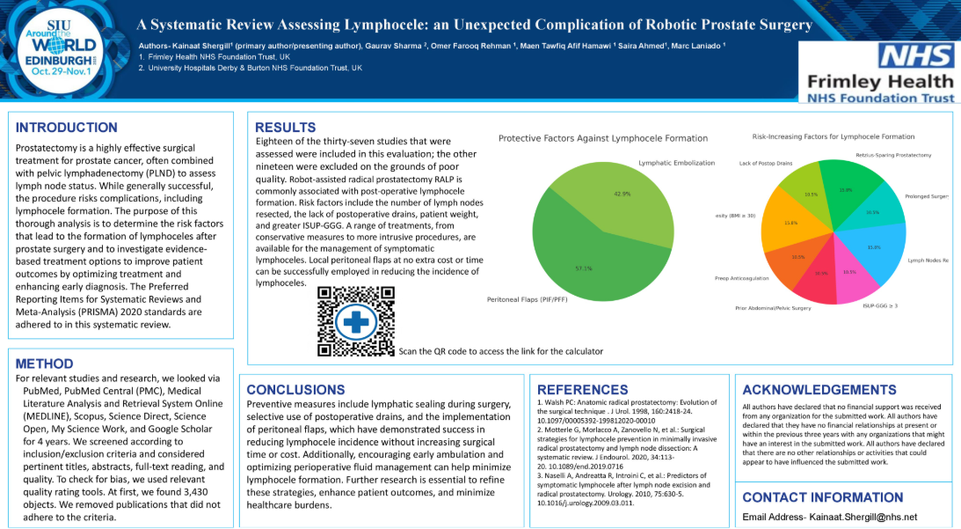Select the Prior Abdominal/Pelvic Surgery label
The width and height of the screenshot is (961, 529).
click(773, 308)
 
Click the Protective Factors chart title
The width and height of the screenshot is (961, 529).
click(603, 138)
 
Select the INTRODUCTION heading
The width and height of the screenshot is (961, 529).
click(66, 128)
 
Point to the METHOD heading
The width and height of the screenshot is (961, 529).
click(45, 364)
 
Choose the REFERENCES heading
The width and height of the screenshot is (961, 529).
click(583, 389)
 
